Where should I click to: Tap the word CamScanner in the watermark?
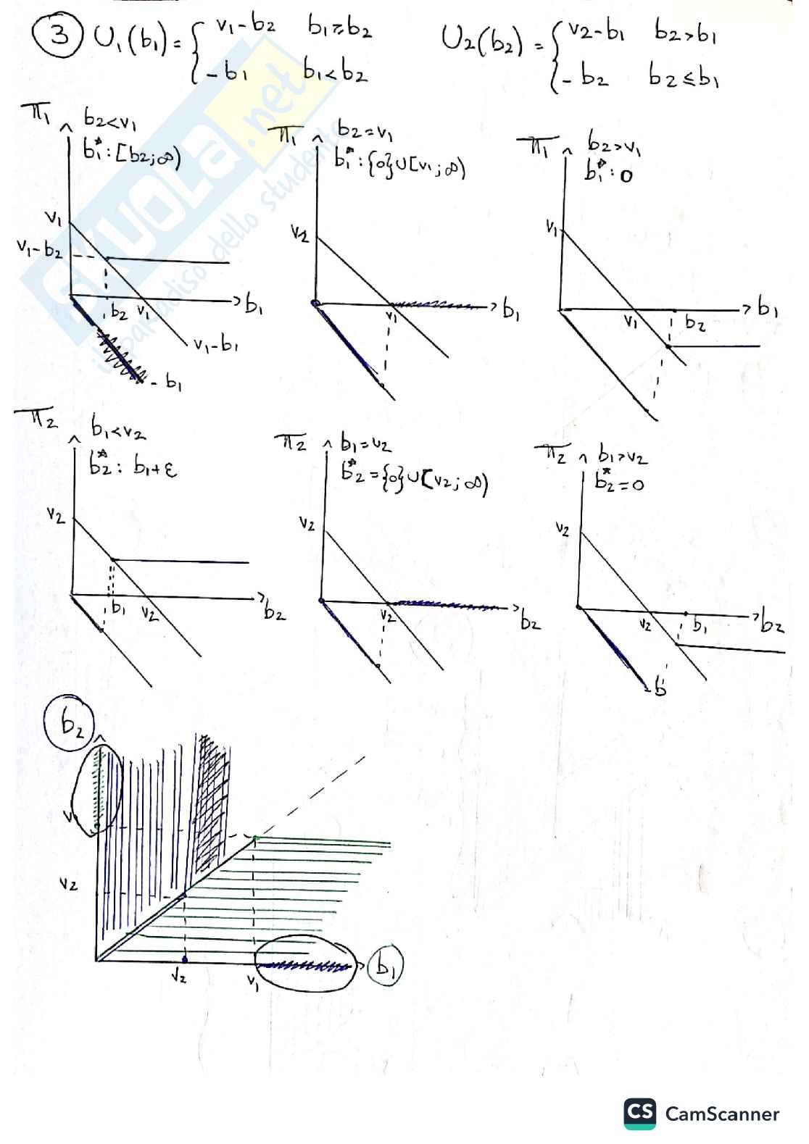tap(722, 1114)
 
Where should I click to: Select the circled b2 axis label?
tap(71, 725)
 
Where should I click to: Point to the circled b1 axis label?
tap(384, 966)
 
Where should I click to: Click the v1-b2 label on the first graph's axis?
tap(40, 250)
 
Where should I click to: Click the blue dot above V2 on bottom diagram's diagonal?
tap(184, 896)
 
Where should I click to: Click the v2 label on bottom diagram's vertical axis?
tap(69, 884)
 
